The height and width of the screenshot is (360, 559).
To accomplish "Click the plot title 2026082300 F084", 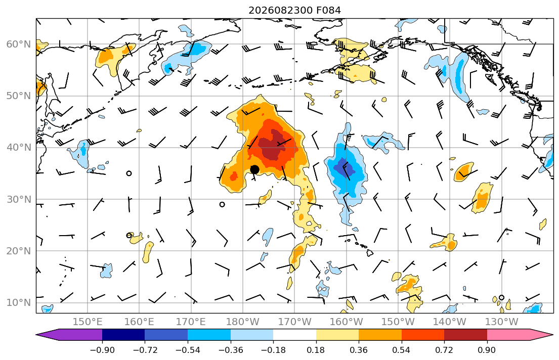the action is point(294,10).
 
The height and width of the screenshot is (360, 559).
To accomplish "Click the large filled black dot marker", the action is point(254,170).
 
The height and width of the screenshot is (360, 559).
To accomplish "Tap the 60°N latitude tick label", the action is point(19,44).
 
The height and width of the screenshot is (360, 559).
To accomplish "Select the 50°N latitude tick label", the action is point(19,96).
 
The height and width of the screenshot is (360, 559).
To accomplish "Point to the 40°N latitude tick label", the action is point(19,148).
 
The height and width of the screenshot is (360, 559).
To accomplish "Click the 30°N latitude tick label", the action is point(19,199).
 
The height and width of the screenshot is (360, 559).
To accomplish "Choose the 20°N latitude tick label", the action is point(19,251).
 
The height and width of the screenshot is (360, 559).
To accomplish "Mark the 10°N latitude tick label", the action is point(19,303).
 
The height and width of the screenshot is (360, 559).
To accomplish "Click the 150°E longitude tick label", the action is point(88,322).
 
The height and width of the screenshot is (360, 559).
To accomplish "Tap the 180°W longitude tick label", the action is point(243,322).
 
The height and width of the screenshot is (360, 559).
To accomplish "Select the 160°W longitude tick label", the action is point(347,322).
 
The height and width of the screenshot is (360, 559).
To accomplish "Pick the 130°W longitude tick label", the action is point(502,322).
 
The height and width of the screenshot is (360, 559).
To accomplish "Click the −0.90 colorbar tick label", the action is point(102,350).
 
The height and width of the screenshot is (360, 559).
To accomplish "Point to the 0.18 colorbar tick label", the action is point(316,350).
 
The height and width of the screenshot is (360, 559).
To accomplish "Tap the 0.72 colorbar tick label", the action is point(444,350).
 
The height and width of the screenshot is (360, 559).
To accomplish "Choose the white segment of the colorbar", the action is point(294,335).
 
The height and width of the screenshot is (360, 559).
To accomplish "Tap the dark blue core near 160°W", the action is point(343,167).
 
